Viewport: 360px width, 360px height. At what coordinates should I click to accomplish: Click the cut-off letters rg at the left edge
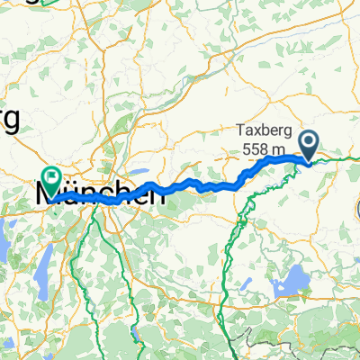coord(9,121)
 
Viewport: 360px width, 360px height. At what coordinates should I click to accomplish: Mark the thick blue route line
coord(198,186)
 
